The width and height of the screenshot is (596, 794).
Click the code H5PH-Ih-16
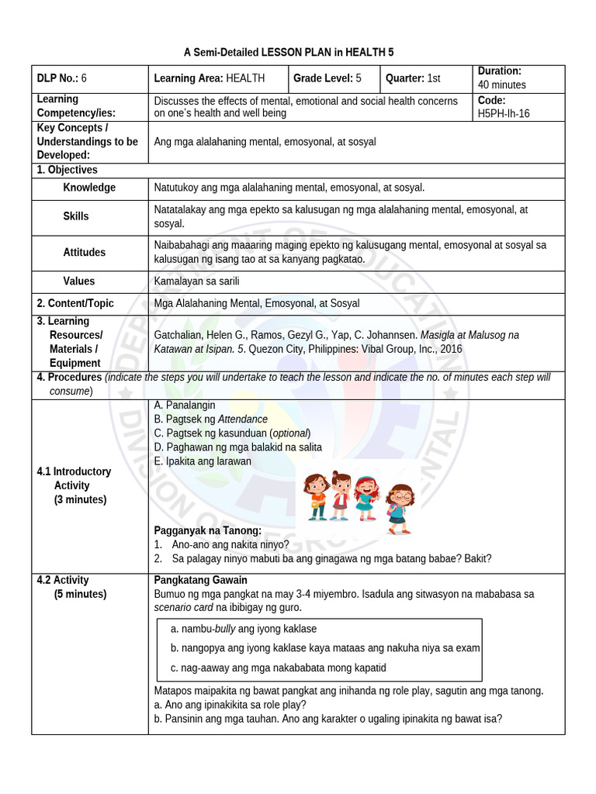point(504,113)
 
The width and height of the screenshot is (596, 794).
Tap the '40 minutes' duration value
point(501,85)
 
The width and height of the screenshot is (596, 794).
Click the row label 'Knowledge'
point(89,188)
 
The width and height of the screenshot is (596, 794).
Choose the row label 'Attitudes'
point(85,252)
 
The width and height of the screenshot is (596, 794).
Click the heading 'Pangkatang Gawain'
point(200,580)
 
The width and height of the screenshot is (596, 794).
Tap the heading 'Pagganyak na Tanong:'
point(208,530)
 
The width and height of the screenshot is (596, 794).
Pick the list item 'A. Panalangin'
point(185,405)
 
